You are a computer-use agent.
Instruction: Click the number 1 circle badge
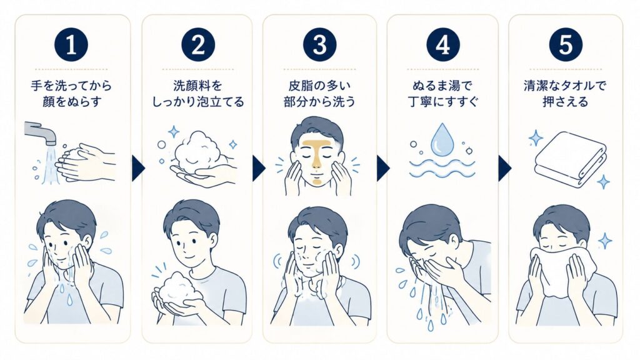(x=71, y=44)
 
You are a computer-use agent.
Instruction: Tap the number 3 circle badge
(x=319, y=44)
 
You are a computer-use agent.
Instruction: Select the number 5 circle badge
(x=565, y=44)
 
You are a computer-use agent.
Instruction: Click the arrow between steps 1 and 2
(x=138, y=167)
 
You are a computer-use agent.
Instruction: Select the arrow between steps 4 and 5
(x=504, y=167)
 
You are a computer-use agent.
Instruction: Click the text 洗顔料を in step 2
(x=198, y=86)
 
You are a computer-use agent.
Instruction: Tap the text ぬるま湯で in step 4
(x=442, y=86)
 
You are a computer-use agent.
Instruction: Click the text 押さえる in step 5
(x=565, y=102)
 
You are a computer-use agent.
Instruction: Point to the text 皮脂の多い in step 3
(x=319, y=86)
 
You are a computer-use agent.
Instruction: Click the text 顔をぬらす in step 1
(x=71, y=102)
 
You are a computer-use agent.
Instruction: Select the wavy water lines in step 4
(x=442, y=167)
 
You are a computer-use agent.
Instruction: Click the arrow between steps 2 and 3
(x=259, y=167)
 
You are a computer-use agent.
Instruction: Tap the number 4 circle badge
(x=443, y=44)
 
